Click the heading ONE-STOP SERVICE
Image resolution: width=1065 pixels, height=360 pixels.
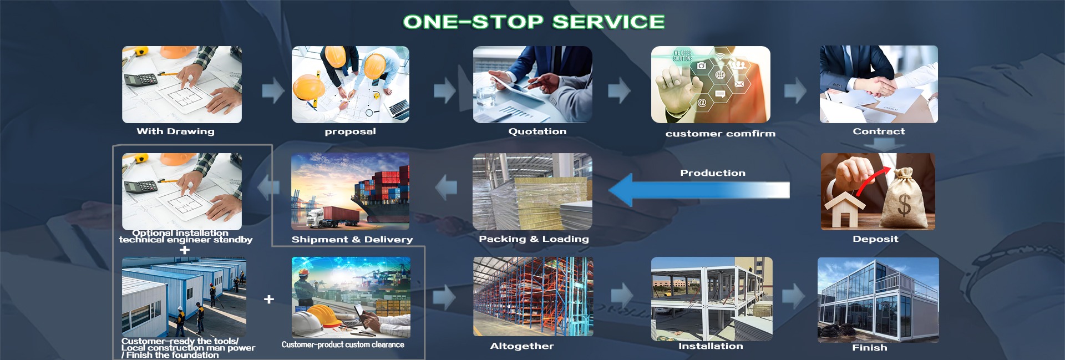coord(534,22)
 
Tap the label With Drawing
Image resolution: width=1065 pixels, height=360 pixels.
coord(175,131)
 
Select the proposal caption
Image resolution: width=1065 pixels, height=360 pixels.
coord(350,131)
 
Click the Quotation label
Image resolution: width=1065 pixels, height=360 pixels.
coord(537,131)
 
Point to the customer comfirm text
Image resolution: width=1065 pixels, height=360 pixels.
coord(720,134)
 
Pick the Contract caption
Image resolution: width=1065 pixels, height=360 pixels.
coord(879,131)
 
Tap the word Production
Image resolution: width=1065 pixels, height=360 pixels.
coord(713,173)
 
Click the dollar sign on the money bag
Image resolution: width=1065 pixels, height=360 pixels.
coord(904,205)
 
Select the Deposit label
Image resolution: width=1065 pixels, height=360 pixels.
coord(875,239)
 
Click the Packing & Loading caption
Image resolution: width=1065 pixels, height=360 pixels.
coord(534,239)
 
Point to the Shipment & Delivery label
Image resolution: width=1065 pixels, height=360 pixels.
coord(352,240)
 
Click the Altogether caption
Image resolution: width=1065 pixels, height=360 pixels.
coord(522,346)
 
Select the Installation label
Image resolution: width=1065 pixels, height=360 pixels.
coord(711,346)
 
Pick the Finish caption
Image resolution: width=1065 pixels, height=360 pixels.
coord(869,348)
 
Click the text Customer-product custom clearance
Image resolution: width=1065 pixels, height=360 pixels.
coord(343,345)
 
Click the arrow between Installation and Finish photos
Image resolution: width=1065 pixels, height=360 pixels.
coord(794,296)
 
